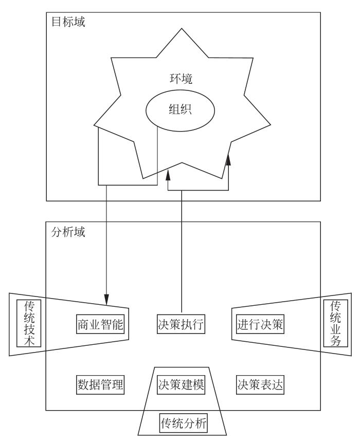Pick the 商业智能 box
pyautogui.click(x=100, y=324)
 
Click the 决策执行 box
pyautogui.click(x=182, y=324)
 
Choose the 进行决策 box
pyautogui.click(x=261, y=324)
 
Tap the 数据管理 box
pyautogui.click(x=100, y=384)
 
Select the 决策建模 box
pyautogui.click(x=182, y=384)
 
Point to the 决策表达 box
pyautogui.click(x=261, y=384)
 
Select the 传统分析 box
pyautogui.click(x=182, y=424)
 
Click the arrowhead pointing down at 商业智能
pyautogui.click(x=106, y=298)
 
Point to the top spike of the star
pyautogui.click(x=180, y=32)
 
